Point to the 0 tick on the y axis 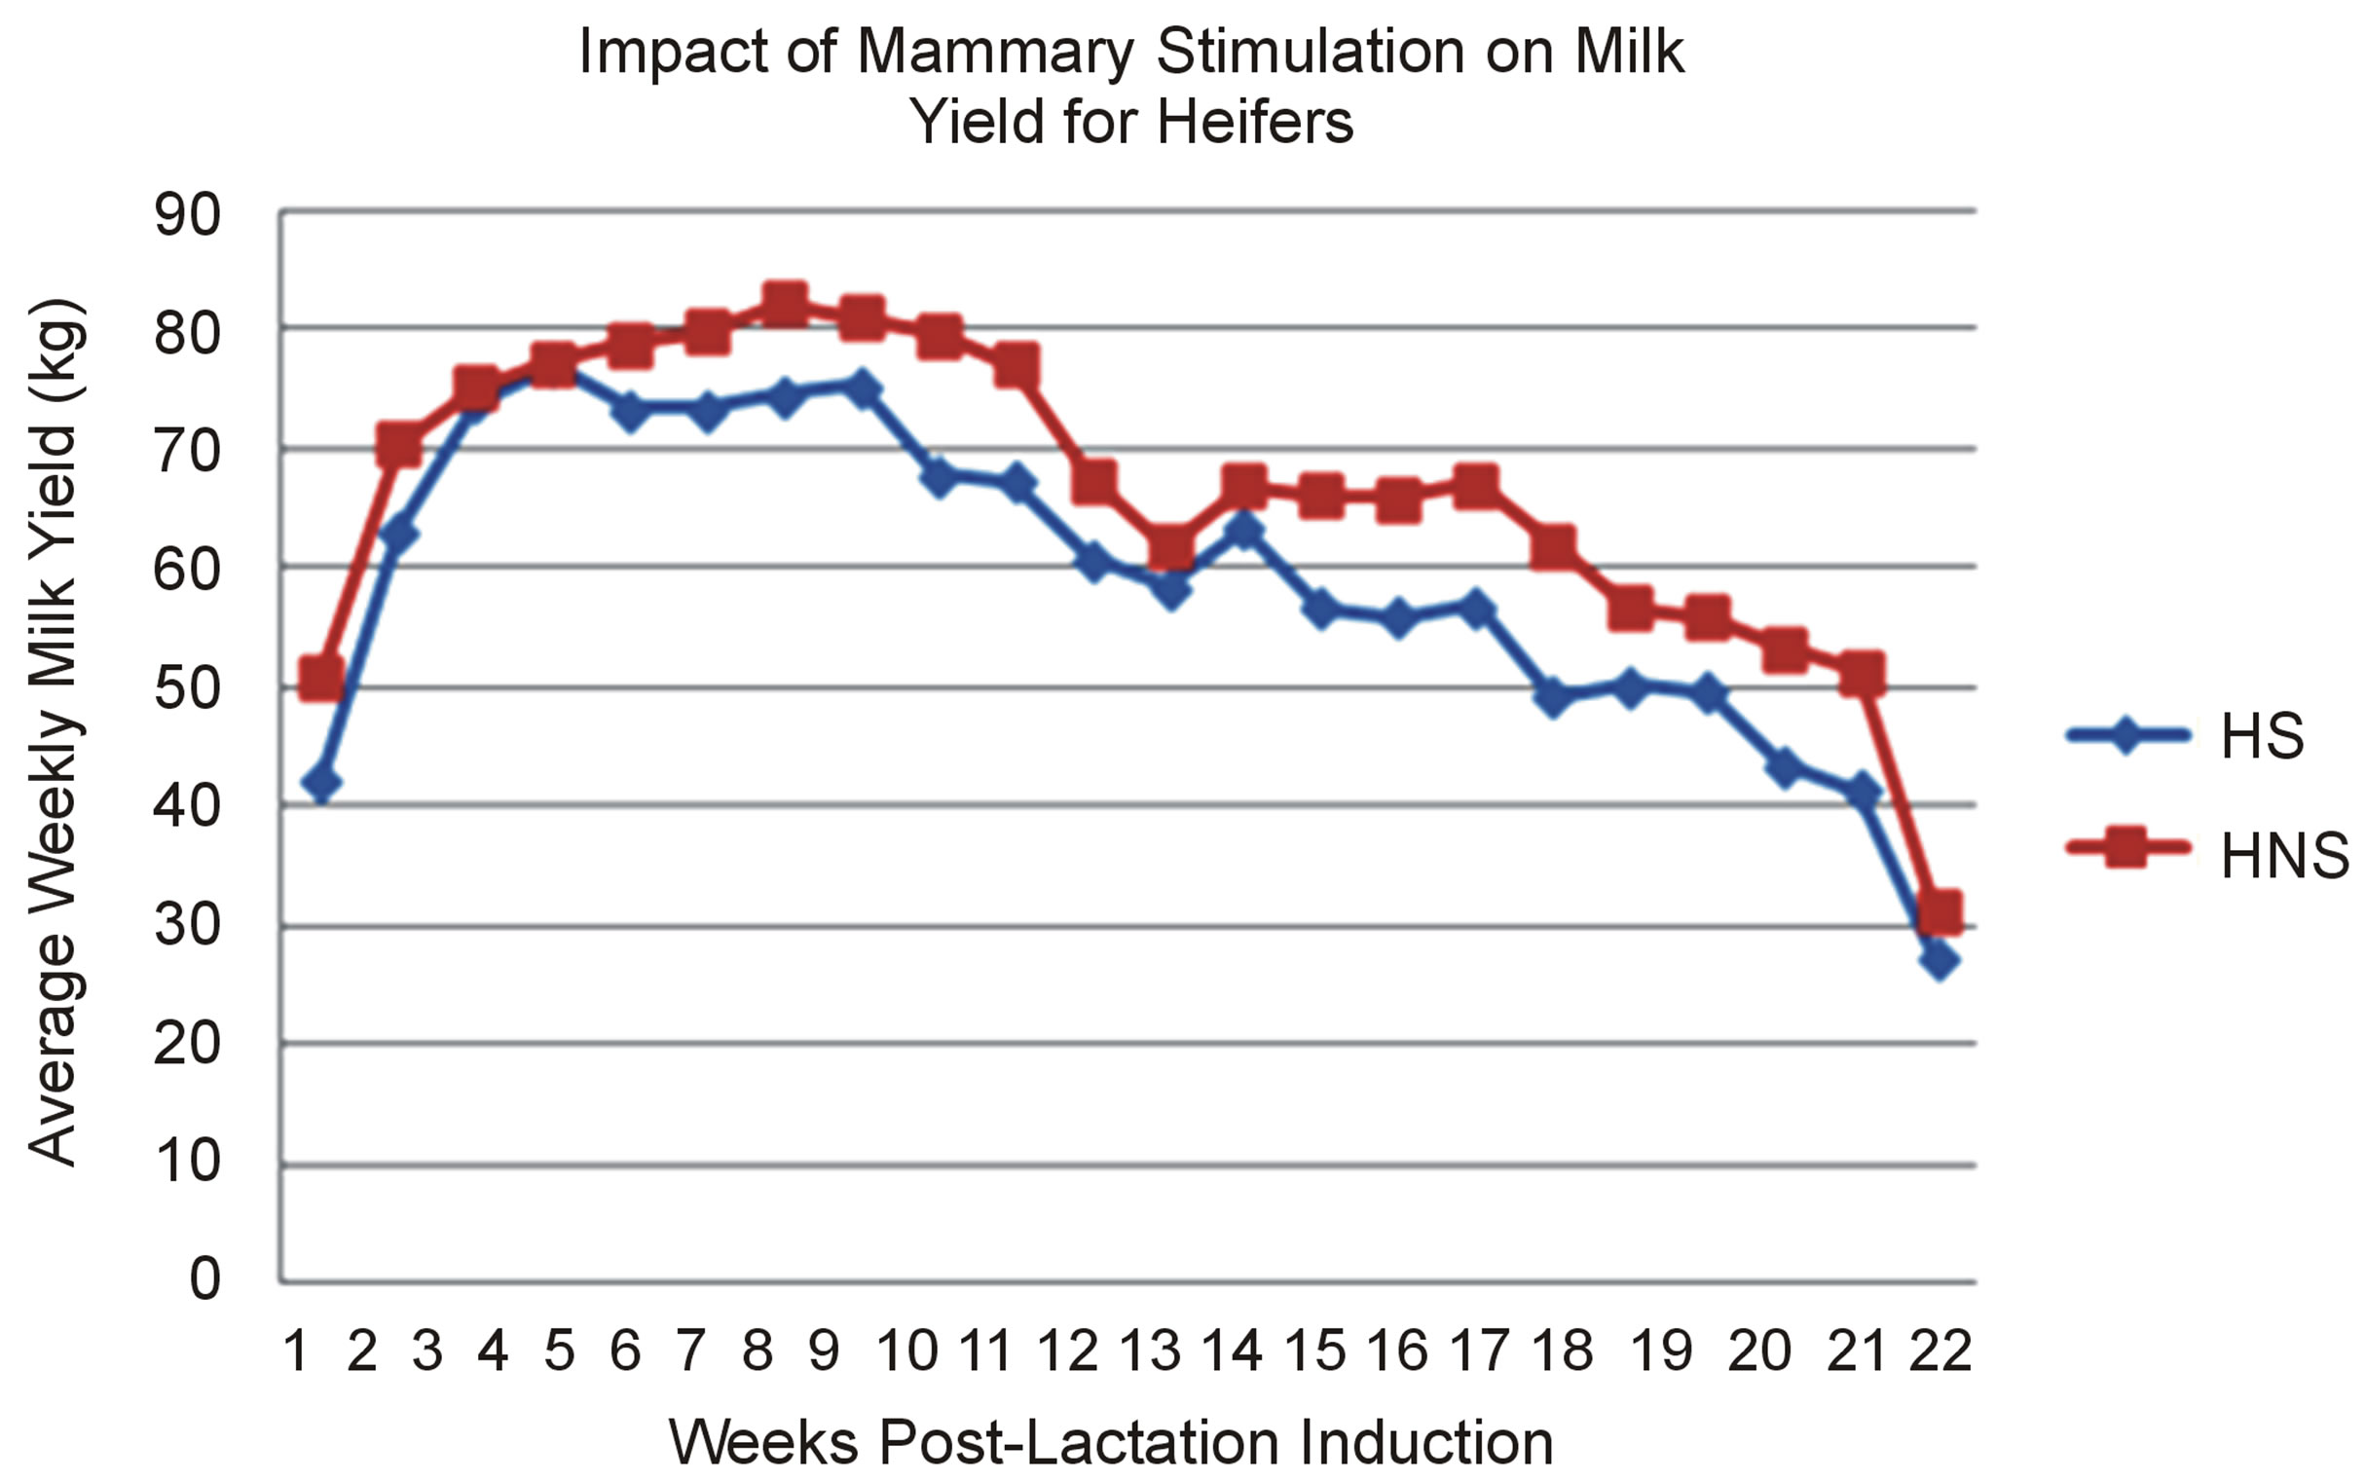pyautogui.click(x=203, y=1278)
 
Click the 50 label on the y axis pyautogui.click(x=187, y=687)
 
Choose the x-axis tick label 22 pyautogui.click(x=1939, y=1351)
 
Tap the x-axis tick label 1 pyautogui.click(x=295, y=1351)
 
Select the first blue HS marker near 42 pyautogui.click(x=322, y=783)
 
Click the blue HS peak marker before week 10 pyautogui.click(x=861, y=388)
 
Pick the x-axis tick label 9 pyautogui.click(x=824, y=1351)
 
